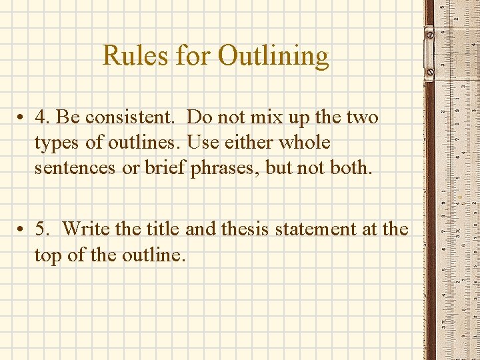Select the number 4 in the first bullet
[x=42, y=117]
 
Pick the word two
[x=363, y=117]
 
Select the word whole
[x=305, y=143]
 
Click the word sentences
[x=74, y=168]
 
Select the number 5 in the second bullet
[x=42, y=229]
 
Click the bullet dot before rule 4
[x=22, y=118]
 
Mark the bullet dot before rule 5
[x=22, y=230]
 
